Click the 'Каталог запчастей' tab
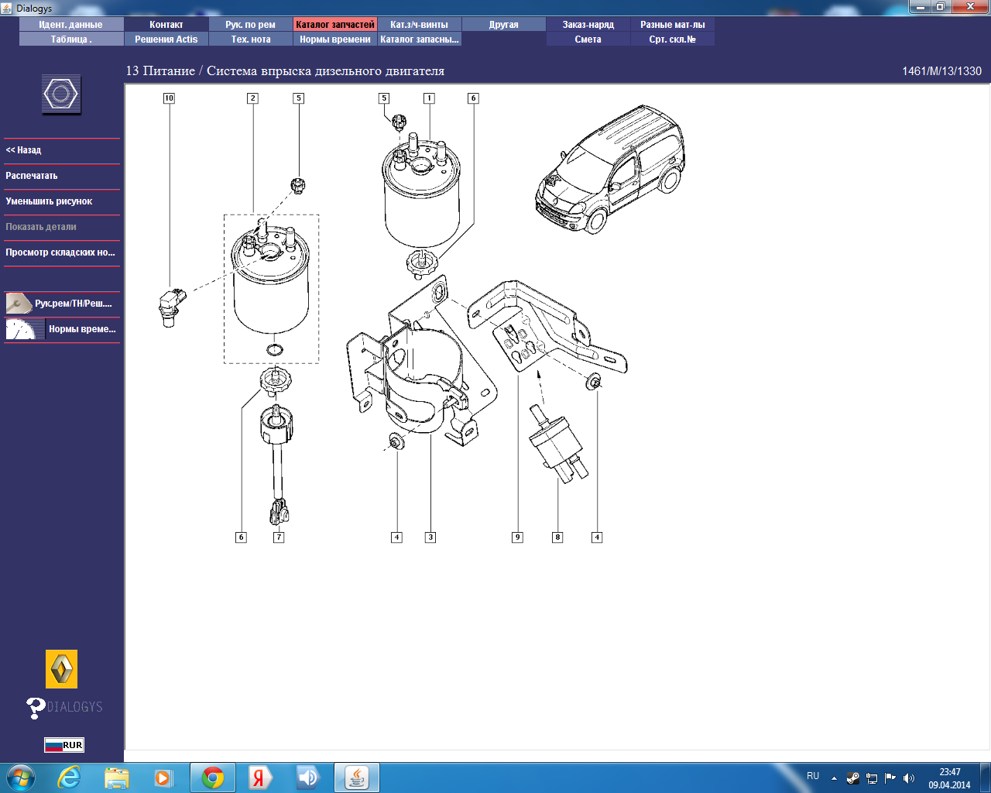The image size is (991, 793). pos(334,25)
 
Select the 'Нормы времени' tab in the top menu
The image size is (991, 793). pos(334,39)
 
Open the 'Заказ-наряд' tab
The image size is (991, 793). pos(588,25)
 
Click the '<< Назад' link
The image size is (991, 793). pos(23,150)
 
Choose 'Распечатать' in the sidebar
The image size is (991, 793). pos(31,176)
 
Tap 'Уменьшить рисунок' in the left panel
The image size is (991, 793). pos(49,201)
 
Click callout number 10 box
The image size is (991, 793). pos(169,98)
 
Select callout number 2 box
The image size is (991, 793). pos(252,98)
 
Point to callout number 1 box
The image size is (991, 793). pos(429,98)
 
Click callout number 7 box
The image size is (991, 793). pos(279,537)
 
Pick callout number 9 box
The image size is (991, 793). pos(517,537)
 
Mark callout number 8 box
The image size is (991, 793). pos(557,537)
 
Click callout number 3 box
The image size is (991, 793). pos(430,537)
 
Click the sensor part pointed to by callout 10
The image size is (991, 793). pos(172,307)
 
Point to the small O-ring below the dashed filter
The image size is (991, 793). pos(274,350)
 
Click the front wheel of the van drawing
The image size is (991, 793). pos(597,220)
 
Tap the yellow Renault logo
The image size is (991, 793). pos(61,669)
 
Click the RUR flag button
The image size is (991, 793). pos(64,745)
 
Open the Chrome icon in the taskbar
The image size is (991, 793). pos(212,778)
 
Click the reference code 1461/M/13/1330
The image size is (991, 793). pos(941,71)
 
